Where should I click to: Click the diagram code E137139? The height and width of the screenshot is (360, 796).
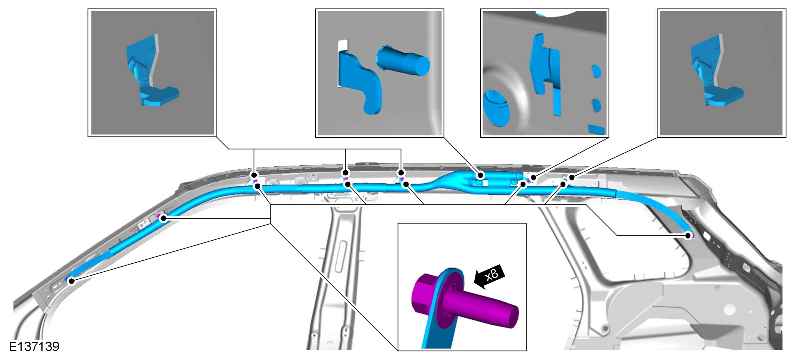click(x=34, y=347)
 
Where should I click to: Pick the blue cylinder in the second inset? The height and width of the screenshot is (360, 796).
click(x=403, y=61)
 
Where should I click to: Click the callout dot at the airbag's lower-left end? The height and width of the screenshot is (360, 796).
click(x=72, y=281)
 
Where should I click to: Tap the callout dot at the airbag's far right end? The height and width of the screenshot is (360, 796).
click(x=688, y=235)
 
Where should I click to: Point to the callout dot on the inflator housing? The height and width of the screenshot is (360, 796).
click(x=481, y=175)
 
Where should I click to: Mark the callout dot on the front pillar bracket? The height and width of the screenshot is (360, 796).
click(x=163, y=218)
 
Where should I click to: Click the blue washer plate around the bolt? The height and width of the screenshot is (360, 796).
click(x=448, y=298)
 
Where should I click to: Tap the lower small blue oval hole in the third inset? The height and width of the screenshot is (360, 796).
click(x=596, y=105)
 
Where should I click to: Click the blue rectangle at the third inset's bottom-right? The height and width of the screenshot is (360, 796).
click(x=596, y=129)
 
